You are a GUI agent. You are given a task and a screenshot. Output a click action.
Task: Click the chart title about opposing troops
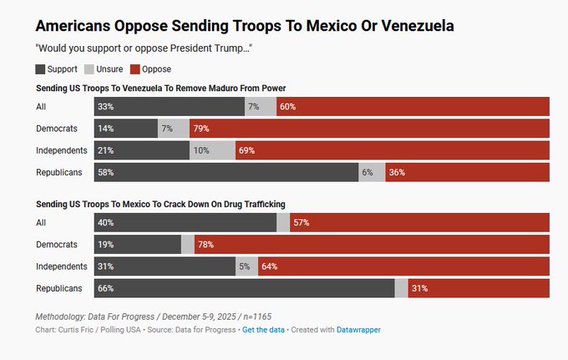245,26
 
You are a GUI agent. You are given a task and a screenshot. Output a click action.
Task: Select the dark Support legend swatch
42,69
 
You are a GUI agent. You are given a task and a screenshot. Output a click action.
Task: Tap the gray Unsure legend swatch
90,69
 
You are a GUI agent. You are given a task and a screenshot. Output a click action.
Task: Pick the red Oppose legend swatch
135,69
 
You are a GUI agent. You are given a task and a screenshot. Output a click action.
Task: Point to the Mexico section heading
159,204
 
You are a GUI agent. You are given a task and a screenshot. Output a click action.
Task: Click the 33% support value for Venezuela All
105,107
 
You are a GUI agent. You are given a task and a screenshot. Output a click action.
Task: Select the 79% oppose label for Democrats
200,129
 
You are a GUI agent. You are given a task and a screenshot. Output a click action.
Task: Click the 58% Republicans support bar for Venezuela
226,172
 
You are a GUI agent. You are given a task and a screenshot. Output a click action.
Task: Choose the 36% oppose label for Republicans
397,172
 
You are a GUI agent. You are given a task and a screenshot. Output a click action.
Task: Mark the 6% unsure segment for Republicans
367,172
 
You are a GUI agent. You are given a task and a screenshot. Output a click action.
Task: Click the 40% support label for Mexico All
105,223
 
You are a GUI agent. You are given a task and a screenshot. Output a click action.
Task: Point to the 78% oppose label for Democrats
204,245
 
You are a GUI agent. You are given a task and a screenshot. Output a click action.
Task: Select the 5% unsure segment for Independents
244,266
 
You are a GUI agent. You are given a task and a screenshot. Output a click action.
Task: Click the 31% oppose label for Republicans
419,288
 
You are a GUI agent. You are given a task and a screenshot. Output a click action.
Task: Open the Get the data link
262,330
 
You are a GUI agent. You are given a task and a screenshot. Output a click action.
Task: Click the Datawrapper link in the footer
358,330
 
